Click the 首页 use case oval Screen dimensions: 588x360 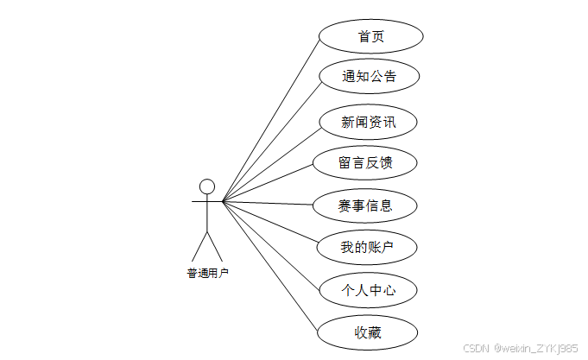(370, 36)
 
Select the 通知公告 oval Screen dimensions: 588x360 (369, 77)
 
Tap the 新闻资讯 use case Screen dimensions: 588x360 (369, 123)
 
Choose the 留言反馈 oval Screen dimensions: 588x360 (366, 162)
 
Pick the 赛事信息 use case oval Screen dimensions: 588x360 (365, 205)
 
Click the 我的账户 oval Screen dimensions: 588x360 (368, 248)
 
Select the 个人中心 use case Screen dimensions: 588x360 (369, 290)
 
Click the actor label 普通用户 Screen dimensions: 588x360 (208, 273)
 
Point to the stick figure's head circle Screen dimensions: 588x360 (206, 186)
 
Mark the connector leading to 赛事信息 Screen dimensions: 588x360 (268, 204)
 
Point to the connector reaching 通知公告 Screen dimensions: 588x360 (270, 140)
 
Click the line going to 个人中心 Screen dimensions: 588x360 (270, 245)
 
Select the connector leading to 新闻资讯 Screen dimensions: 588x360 (270, 161)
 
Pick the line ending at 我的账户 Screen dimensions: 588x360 (270, 224)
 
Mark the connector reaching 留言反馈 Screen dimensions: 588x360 (268, 182)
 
